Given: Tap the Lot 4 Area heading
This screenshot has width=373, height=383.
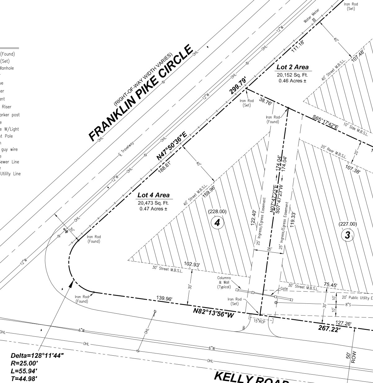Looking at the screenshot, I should click(154, 195).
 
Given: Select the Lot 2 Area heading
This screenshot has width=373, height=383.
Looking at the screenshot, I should click(293, 67).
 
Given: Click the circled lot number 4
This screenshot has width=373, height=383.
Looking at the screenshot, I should click(217, 223).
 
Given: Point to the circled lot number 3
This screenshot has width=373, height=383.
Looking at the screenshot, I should click(347, 235).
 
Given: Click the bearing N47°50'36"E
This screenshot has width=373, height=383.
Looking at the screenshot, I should click(171, 146).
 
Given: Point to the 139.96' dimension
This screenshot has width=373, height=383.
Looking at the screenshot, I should click(164, 299).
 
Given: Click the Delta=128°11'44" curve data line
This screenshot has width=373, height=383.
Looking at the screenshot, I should click(37, 356).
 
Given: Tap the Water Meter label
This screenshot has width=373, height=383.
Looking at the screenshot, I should click(311, 16).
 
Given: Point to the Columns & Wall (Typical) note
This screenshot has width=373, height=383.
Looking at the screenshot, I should click(224, 282).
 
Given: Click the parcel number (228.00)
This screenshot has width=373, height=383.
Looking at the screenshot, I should click(217, 212).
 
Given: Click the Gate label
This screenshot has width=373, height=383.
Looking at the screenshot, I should click(284, 289).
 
